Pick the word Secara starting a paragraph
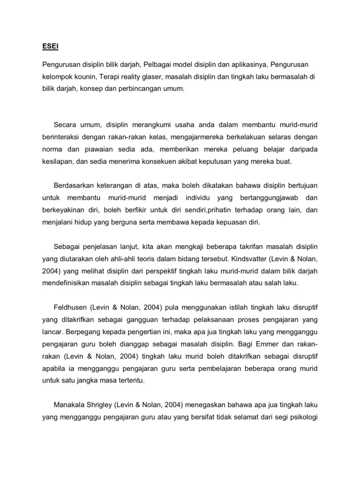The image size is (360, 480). tap(66, 125)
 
